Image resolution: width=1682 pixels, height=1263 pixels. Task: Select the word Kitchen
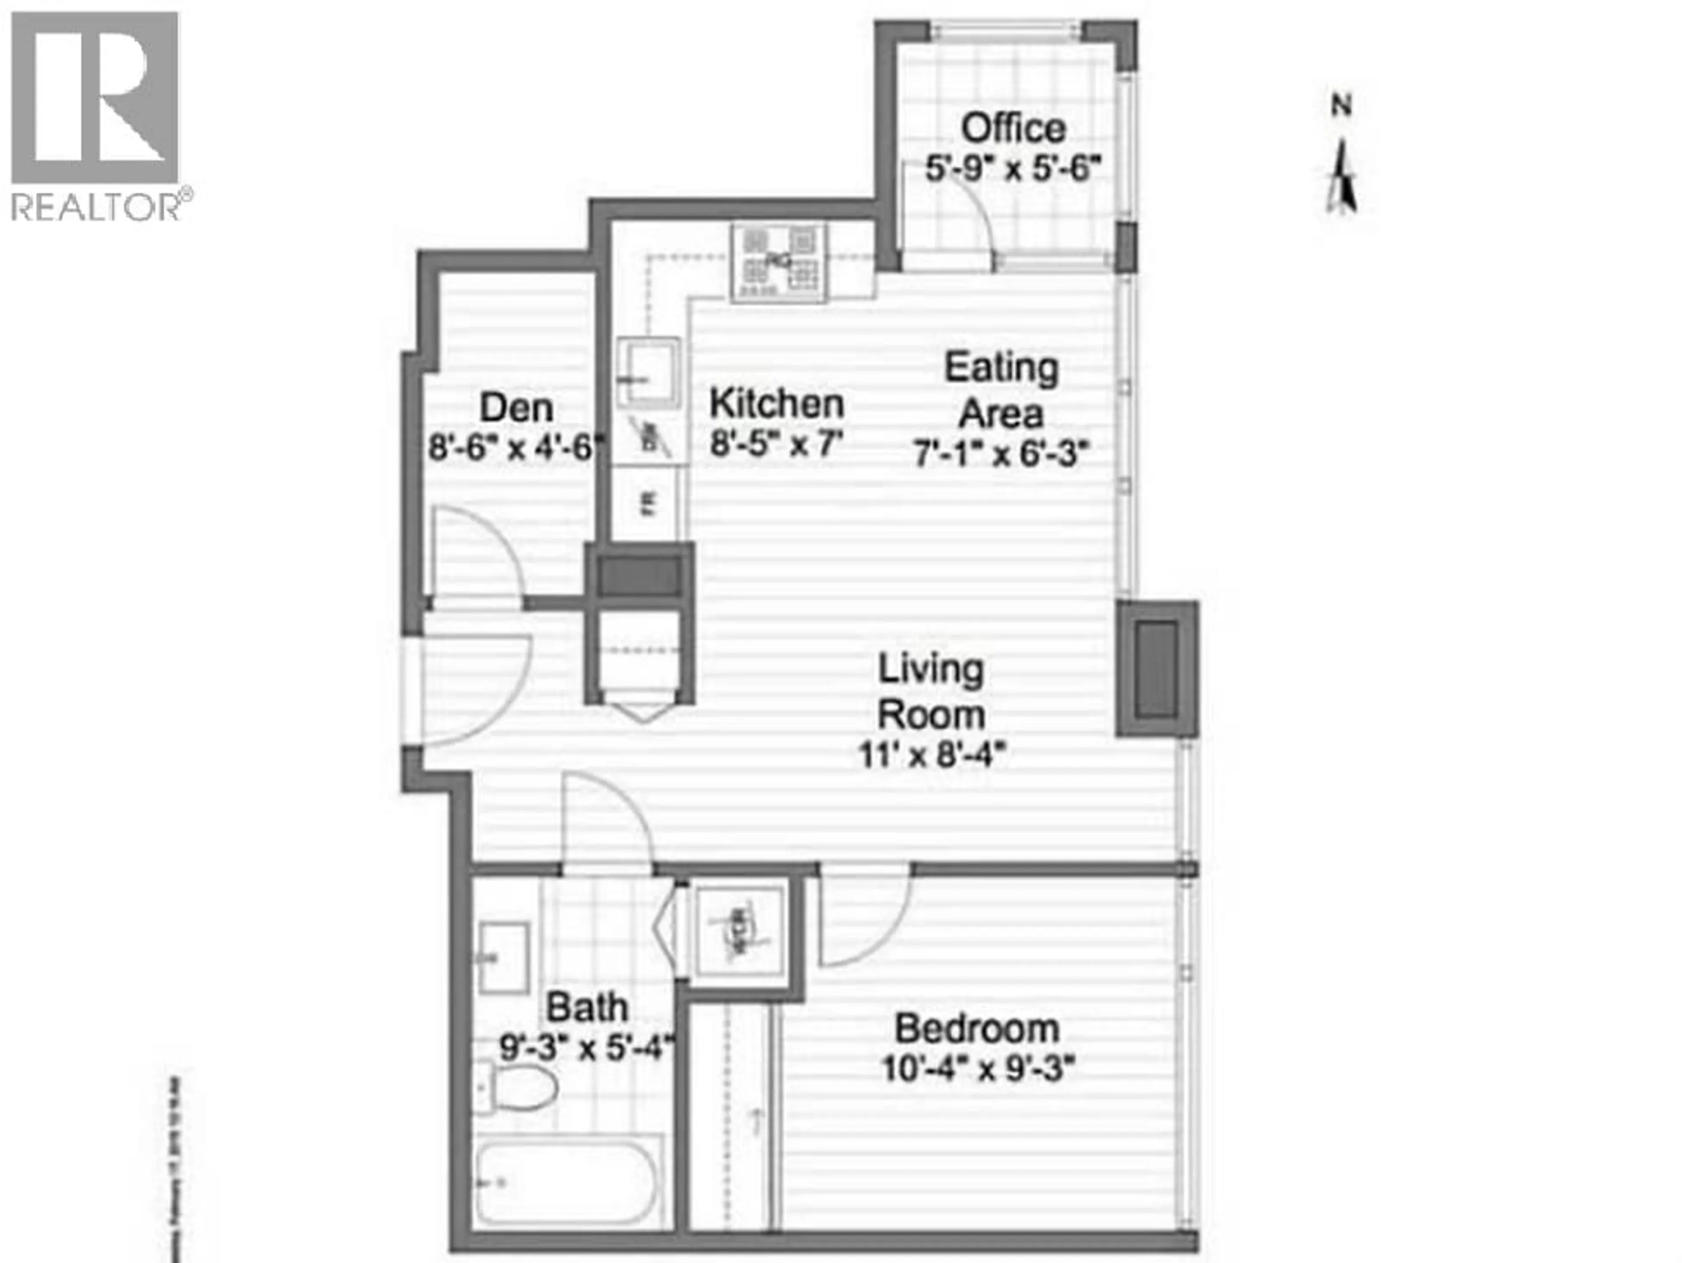point(776,404)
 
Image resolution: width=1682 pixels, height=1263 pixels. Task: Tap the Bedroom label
point(977,1030)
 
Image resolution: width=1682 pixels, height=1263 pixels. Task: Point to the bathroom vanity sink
point(503,958)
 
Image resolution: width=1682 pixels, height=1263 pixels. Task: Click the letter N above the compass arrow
point(1341,105)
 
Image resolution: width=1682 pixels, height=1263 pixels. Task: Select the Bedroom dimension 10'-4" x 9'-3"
point(978,1071)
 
